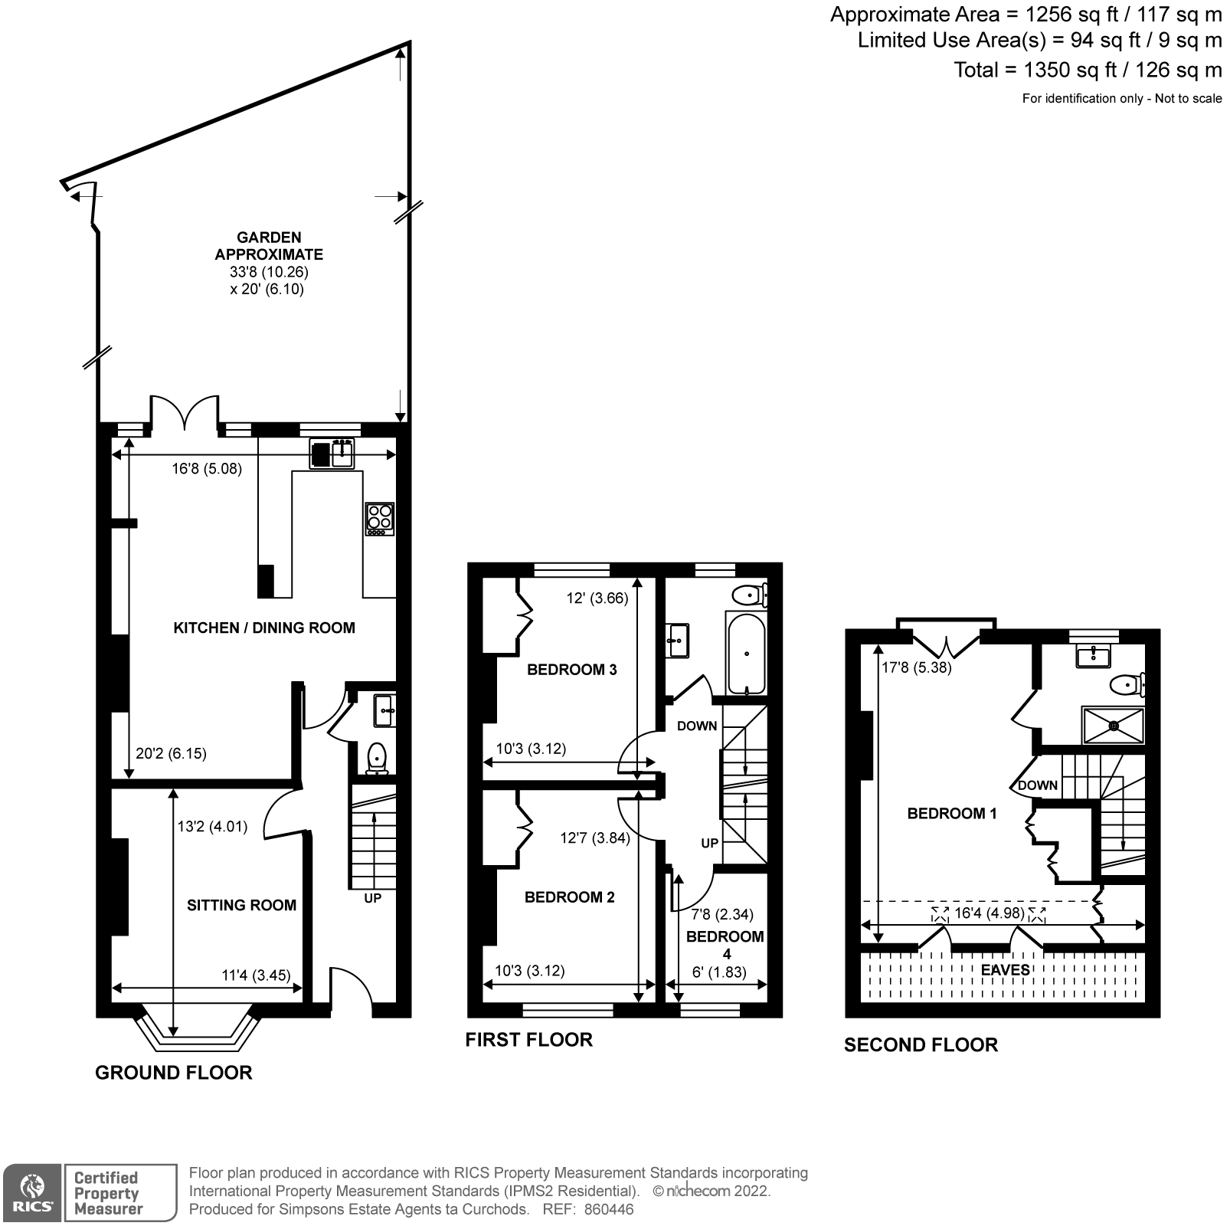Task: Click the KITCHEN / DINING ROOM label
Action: point(264,628)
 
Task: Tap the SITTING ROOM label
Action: point(241,905)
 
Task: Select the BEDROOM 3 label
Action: point(572,670)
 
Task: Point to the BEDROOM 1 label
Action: point(952,813)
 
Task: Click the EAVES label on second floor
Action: point(1006,970)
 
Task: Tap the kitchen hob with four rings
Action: point(380,518)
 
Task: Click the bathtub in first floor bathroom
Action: point(747,653)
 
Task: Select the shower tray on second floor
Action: point(1113,725)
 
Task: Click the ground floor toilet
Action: point(377,759)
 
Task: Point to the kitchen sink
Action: point(332,454)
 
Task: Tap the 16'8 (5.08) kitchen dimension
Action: point(207,468)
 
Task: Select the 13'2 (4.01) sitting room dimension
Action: point(213,827)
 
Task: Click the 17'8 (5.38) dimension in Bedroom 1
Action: point(917,667)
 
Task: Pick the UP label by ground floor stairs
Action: point(372,898)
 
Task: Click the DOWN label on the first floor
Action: point(697,726)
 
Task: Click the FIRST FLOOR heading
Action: point(529,1040)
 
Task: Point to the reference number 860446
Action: point(609,1209)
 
